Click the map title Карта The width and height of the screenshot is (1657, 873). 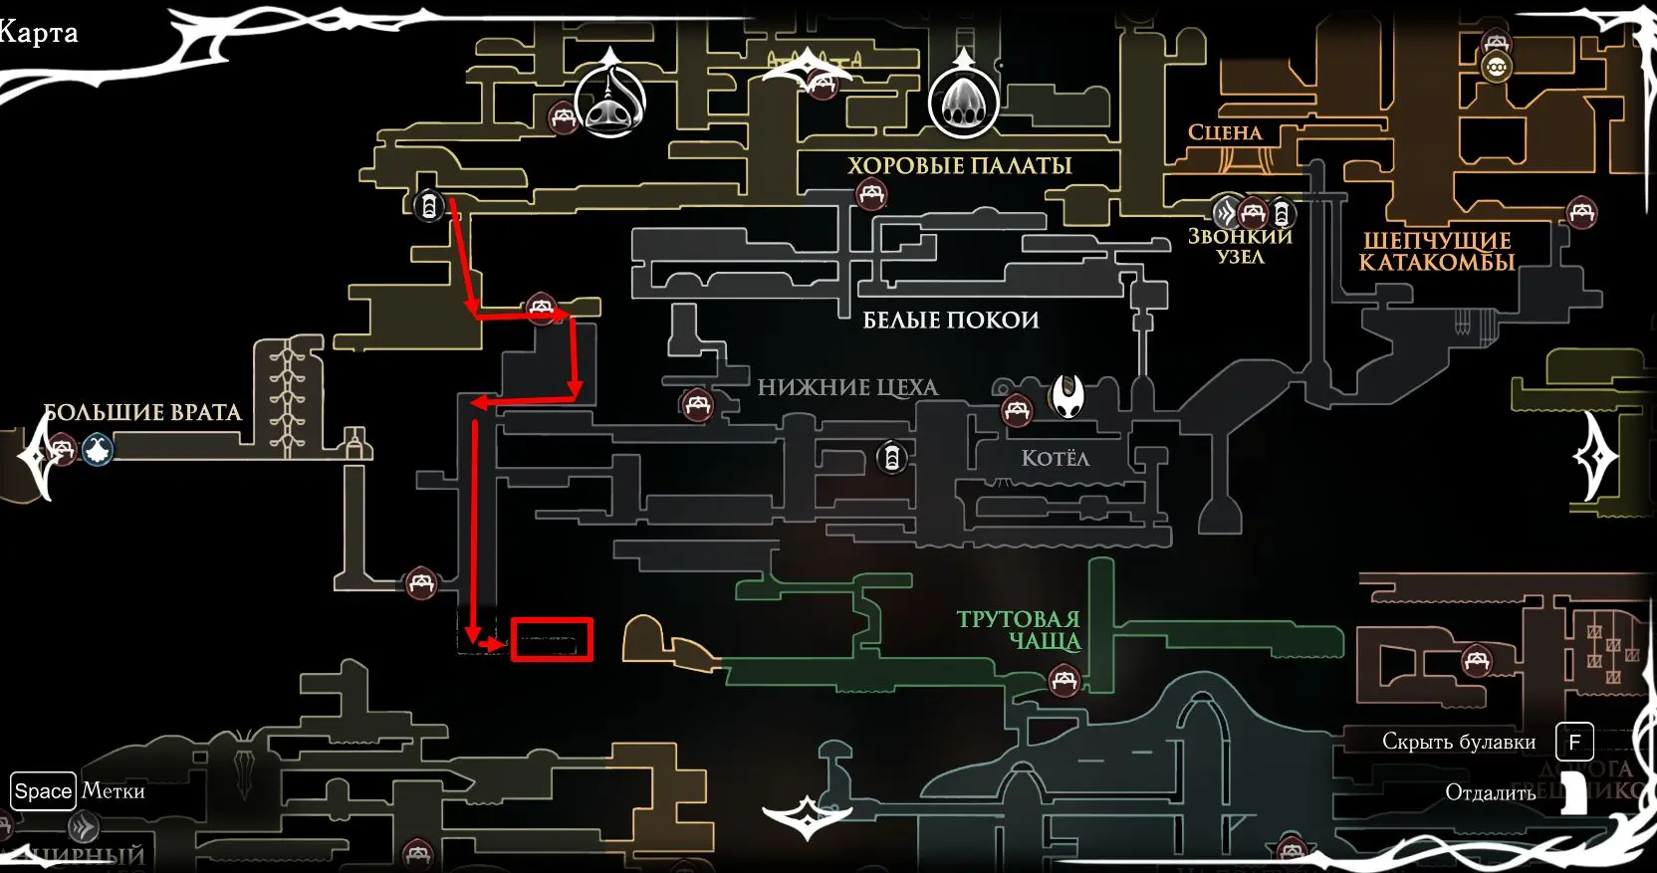(38, 33)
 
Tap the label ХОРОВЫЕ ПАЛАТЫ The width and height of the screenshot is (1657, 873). (959, 165)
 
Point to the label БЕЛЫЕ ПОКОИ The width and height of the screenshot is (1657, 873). (950, 320)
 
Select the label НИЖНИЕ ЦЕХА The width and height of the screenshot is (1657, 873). (847, 387)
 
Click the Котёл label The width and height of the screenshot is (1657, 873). (1056, 458)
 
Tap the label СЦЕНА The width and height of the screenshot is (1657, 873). (1224, 132)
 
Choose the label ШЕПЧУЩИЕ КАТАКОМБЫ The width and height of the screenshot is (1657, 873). (1436, 251)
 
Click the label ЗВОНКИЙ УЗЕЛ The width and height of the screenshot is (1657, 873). (1240, 246)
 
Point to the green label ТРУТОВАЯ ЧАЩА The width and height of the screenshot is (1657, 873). (1019, 630)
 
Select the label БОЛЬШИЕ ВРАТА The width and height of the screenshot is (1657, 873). (142, 413)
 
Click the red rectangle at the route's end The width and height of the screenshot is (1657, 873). (552, 639)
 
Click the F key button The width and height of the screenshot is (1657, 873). (1574, 742)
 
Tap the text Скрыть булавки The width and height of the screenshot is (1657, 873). (1458, 742)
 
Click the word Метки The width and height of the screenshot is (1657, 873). (114, 791)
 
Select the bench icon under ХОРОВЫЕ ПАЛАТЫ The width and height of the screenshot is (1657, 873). (871, 194)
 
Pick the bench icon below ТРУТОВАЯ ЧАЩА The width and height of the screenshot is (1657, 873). (1064, 682)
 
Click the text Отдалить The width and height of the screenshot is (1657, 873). (1490, 793)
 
